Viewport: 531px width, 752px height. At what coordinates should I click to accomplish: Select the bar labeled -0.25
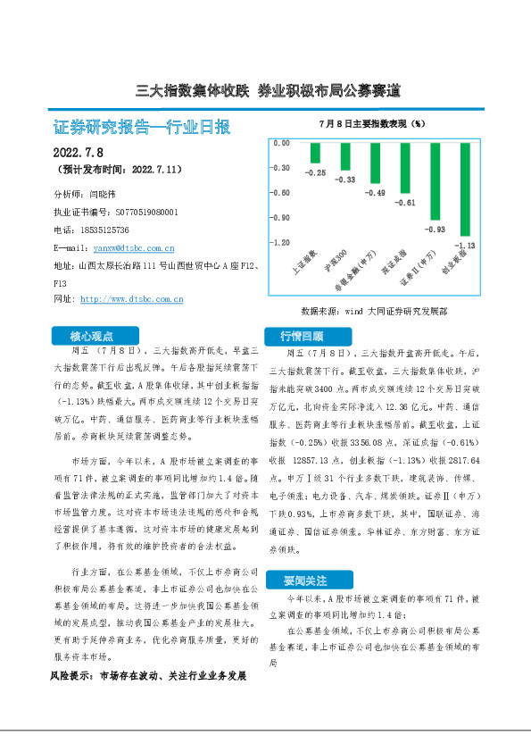coord(315,153)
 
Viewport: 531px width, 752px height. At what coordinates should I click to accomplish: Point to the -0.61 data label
coord(405,203)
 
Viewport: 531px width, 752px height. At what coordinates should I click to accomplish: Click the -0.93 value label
coord(436,230)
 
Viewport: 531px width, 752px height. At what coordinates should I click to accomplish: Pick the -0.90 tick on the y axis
coord(281,217)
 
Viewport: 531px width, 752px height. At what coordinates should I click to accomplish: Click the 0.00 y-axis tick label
coord(281,143)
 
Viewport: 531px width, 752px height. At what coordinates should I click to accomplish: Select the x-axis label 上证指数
coord(306,259)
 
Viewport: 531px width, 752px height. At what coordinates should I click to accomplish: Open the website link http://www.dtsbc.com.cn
coord(131,299)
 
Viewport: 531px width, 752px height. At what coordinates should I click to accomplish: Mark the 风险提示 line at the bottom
coord(148,677)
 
